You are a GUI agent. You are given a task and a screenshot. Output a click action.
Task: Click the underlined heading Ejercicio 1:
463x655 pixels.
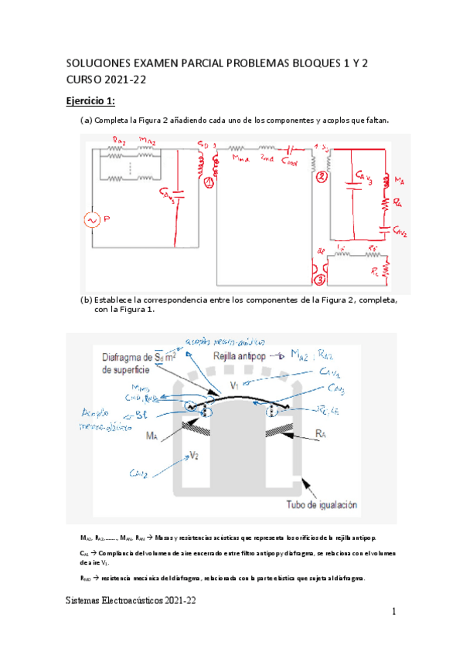(x=89, y=102)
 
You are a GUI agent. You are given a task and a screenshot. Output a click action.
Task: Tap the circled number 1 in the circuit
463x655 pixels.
(x=207, y=183)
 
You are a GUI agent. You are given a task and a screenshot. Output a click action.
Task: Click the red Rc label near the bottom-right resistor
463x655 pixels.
(x=375, y=271)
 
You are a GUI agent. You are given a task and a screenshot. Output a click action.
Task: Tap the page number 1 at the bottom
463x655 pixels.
(x=393, y=612)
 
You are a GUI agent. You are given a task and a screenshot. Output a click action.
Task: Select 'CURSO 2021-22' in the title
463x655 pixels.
(x=107, y=79)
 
